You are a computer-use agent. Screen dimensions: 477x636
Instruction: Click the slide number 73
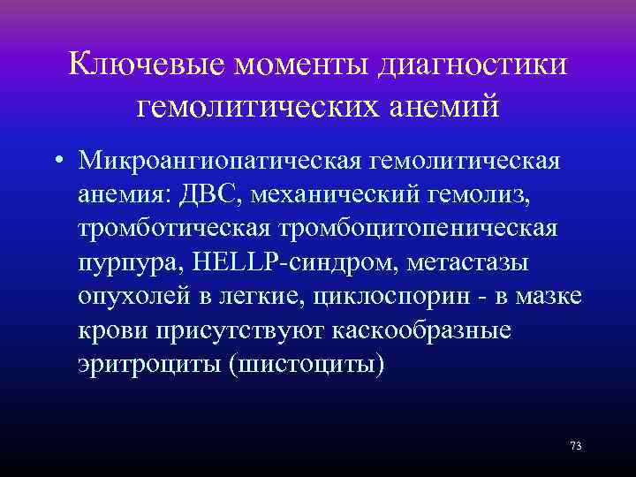tap(575, 445)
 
